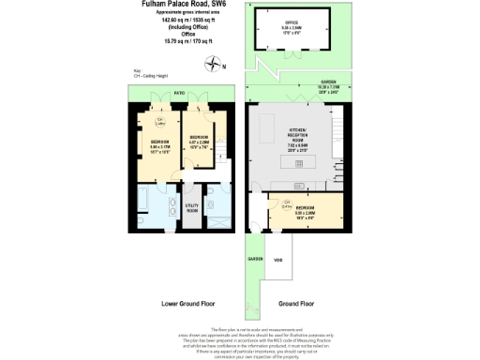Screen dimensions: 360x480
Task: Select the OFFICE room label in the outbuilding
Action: (292, 25)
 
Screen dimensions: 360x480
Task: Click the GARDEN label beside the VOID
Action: (255, 257)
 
